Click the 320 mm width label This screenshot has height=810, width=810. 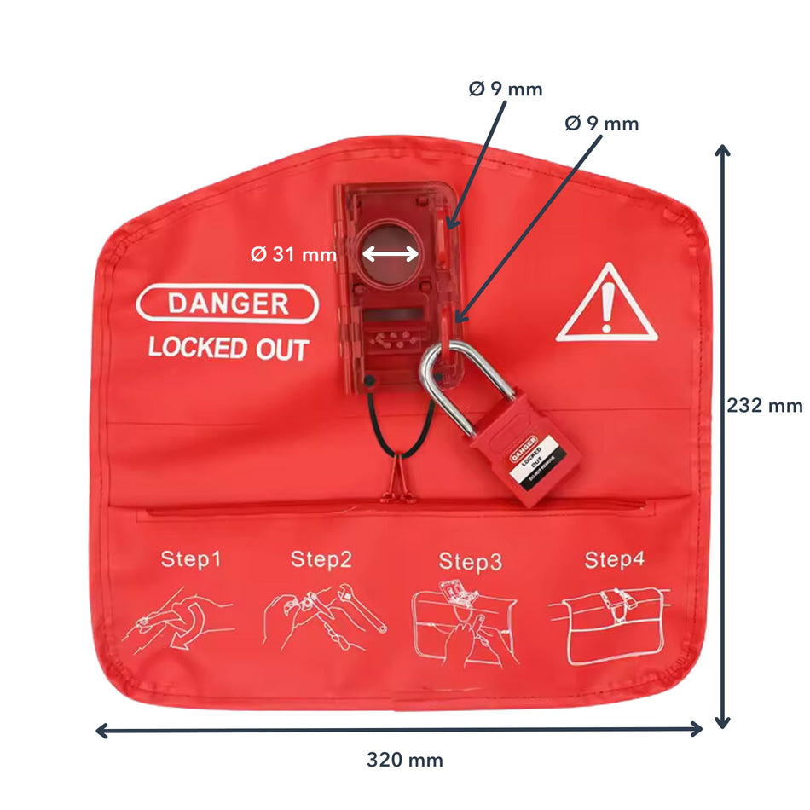click(x=404, y=760)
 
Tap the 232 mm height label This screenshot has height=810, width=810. click(x=764, y=406)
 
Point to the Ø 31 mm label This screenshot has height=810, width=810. click(x=293, y=254)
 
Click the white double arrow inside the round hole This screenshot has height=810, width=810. click(x=390, y=253)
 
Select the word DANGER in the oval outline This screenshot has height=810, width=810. click(x=228, y=304)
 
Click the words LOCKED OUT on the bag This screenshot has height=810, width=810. click(x=228, y=348)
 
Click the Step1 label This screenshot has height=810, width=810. click(x=191, y=560)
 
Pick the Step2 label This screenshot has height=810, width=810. click(x=321, y=559)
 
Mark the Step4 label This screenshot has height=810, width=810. click(x=614, y=560)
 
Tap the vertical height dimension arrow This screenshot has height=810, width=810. click(x=722, y=435)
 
